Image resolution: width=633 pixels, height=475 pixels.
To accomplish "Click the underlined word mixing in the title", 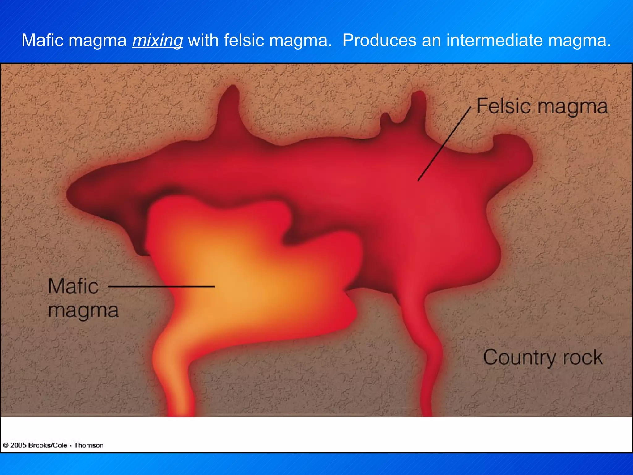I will pos(157,41).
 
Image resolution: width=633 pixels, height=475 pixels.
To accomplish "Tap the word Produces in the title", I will pos(379,40).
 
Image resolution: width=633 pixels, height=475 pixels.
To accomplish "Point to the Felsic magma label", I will pos(542,106).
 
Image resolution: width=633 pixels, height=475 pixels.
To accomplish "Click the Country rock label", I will pos(543,357).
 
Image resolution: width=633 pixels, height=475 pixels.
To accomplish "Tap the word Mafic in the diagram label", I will pos(73,286).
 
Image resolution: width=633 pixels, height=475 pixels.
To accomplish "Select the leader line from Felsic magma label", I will pos(444,143).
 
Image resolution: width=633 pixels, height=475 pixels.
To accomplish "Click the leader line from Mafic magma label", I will pos(161,287).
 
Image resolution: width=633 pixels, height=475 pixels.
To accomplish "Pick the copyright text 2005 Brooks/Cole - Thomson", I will pos(53,445).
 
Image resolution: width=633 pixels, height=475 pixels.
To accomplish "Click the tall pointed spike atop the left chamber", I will pos(231,105).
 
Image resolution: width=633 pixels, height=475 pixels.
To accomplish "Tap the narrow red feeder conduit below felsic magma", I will pos(430,365).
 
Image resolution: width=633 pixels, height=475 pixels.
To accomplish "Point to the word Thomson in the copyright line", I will pos(88,445).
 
